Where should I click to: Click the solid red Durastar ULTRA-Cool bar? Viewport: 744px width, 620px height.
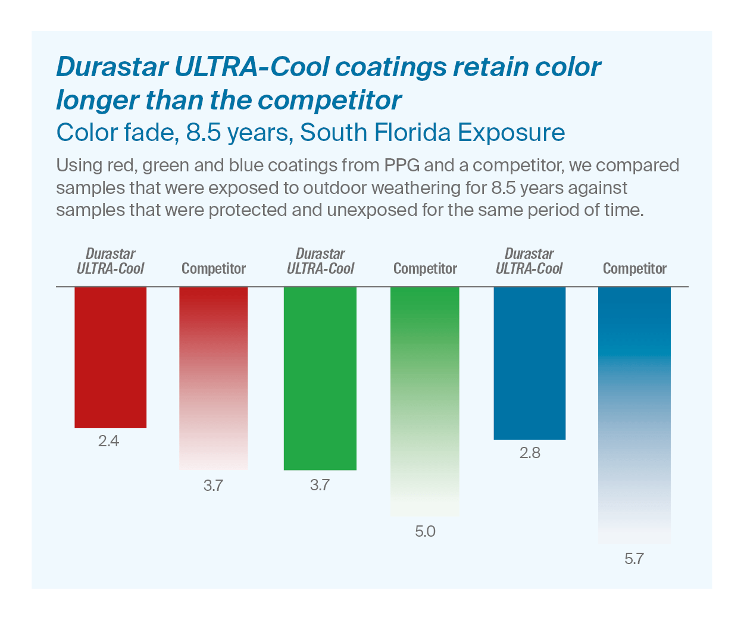click(x=110, y=357)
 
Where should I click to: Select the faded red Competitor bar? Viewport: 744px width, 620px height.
click(x=213, y=378)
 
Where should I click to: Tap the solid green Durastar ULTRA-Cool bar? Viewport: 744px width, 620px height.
click(x=320, y=378)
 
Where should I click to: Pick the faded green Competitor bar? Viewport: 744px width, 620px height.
click(x=425, y=402)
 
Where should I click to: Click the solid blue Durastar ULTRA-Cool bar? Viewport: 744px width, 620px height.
click(x=530, y=363)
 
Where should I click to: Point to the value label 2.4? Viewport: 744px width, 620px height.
click(x=109, y=441)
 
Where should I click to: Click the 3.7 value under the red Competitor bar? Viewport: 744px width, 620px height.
click(x=213, y=486)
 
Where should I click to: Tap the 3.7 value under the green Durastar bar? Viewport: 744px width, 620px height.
click(x=320, y=485)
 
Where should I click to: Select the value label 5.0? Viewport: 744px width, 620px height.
click(x=425, y=531)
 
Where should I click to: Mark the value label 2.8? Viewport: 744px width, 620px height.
click(x=530, y=453)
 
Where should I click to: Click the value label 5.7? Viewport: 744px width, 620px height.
click(x=634, y=559)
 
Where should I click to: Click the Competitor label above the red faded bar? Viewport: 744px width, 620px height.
click(x=213, y=269)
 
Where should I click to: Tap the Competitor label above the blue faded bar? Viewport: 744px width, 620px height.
click(x=634, y=269)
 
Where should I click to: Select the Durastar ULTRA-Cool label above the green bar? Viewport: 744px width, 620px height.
click(x=320, y=261)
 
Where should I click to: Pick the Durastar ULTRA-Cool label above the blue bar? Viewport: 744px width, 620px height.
click(x=529, y=261)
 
